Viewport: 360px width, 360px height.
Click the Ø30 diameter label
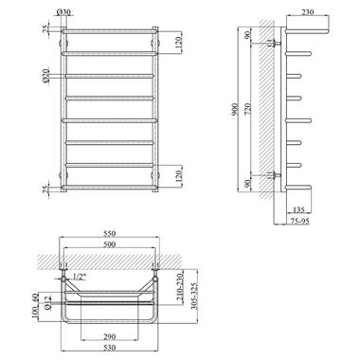pyautogui.click(x=63, y=12)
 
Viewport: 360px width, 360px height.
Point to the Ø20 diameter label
pyautogui.click(x=46, y=76)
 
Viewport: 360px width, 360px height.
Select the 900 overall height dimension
pyautogui.click(x=235, y=109)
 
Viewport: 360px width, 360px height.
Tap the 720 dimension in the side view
pyautogui.click(x=248, y=109)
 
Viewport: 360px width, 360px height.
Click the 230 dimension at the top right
pyautogui.click(x=308, y=12)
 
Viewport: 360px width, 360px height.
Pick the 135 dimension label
pyautogui.click(x=298, y=209)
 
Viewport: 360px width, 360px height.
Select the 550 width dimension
pyautogui.click(x=110, y=233)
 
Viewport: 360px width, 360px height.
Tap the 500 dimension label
pyautogui.click(x=110, y=244)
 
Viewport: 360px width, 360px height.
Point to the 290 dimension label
pyautogui.click(x=110, y=336)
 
